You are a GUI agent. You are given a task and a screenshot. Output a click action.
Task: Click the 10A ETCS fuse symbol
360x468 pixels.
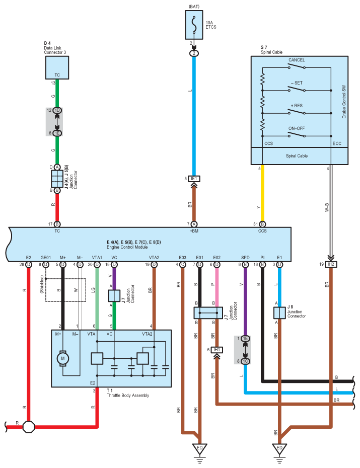point(194,25)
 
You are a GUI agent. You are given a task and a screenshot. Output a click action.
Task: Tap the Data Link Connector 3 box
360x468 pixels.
point(57,68)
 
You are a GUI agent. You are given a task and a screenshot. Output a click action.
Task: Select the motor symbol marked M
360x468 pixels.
point(63,358)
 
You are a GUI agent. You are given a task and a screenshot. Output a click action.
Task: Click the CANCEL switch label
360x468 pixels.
point(297,60)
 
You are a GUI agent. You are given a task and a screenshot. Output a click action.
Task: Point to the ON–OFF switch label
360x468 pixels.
point(297,128)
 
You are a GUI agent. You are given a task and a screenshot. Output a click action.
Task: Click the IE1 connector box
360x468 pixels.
point(194,179)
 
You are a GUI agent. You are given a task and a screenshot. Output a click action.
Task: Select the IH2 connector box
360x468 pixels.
point(331,264)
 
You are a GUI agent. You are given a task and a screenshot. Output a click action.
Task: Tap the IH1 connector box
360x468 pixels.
point(217,350)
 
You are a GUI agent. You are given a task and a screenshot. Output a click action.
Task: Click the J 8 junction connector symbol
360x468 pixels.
point(280,313)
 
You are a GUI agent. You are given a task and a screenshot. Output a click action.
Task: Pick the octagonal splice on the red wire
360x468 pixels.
point(29,427)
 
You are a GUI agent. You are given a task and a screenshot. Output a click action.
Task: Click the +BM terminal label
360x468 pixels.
point(194,230)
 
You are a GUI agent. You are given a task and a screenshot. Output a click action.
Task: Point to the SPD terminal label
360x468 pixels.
point(245,258)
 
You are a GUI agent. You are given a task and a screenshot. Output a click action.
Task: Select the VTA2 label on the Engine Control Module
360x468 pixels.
point(154,258)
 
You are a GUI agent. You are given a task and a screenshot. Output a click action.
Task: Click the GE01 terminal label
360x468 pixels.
point(46,258)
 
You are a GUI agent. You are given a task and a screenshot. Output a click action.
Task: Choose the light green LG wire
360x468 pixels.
point(97,299)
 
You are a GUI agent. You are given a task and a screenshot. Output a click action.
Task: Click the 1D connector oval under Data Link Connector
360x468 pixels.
point(57,110)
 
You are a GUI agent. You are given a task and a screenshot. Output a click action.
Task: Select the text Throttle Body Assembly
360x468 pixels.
point(128,396)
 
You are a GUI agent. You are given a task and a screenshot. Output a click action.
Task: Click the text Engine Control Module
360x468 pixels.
point(127,247)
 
